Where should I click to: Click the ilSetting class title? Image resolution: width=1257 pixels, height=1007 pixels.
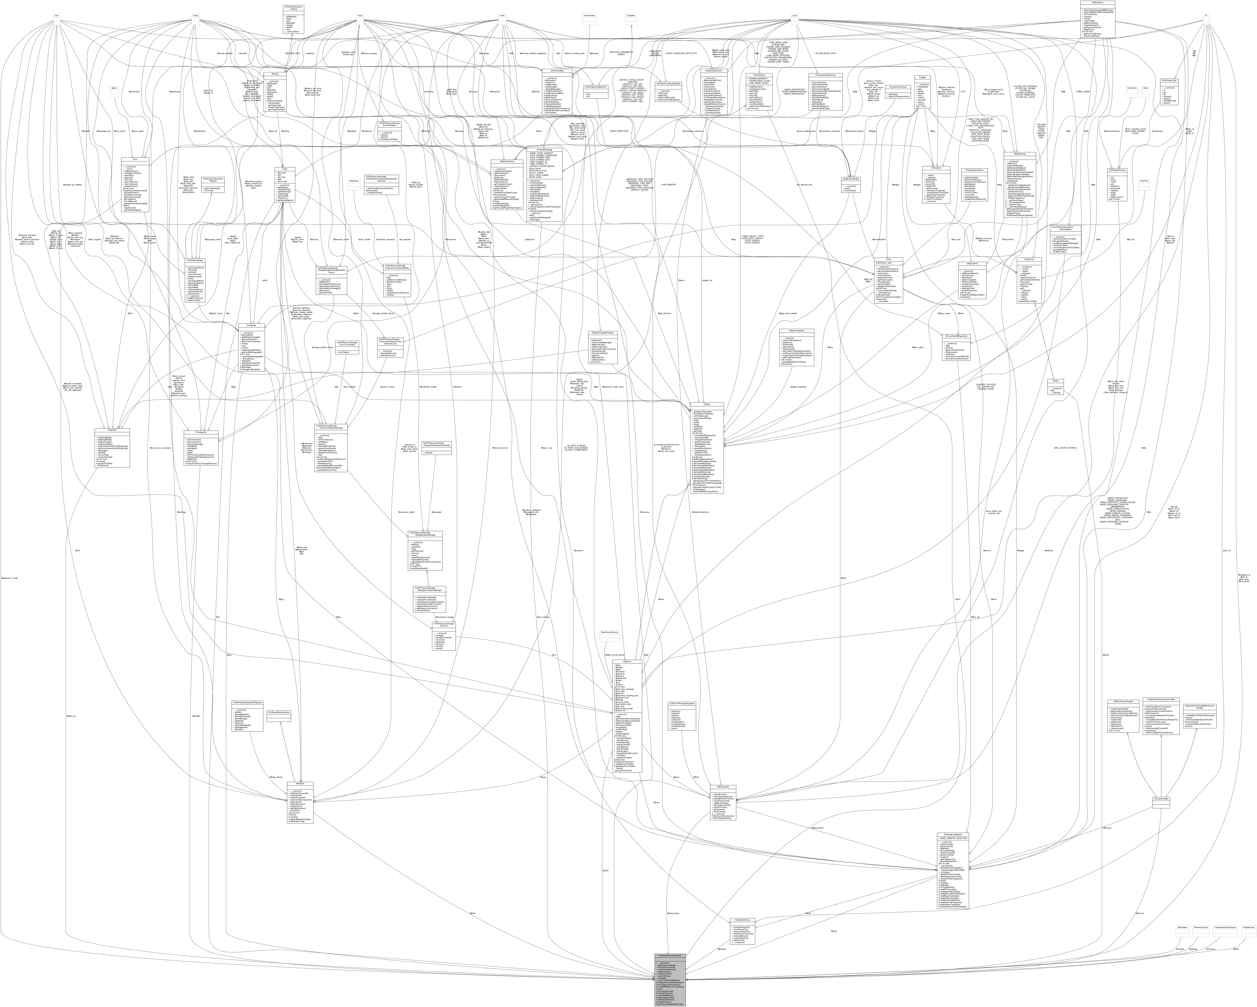275,73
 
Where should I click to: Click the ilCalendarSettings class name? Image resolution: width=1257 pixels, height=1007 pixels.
544,150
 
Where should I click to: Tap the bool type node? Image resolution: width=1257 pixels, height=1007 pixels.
57,16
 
